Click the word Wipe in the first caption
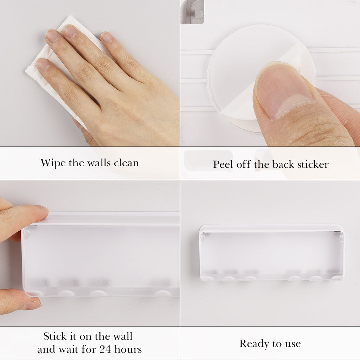coord(53,163)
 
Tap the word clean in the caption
coord(126,163)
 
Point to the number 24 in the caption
coord(105,349)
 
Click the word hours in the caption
coord(128,349)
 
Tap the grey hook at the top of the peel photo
coord(192,12)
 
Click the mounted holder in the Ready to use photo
coord(272,253)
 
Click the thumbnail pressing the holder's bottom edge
coord(32,306)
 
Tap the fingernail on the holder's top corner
coord(42,208)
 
